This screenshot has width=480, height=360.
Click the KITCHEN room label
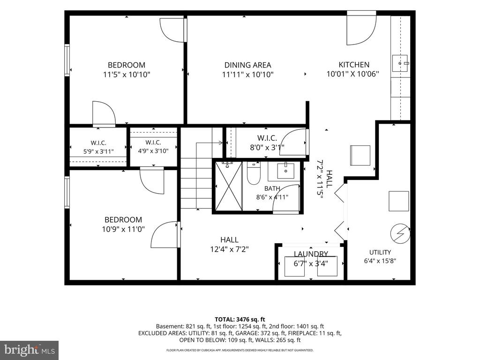click(354, 65)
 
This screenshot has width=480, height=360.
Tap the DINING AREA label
click(247, 65)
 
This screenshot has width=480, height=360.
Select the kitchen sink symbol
click(400, 63)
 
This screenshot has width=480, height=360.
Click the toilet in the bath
click(254, 173)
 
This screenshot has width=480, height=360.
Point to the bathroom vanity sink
click(285, 171)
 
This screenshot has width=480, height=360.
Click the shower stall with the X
click(229, 187)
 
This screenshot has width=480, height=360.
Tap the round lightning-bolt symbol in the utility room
click(400, 234)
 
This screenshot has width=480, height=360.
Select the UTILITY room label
click(380, 252)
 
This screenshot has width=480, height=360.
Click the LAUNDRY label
click(311, 254)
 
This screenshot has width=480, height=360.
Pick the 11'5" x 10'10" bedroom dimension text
click(127, 75)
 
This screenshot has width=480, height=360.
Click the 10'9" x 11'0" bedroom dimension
click(123, 229)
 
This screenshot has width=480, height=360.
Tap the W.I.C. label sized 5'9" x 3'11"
click(98, 143)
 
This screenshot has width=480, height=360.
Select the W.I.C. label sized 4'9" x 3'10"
click(153, 142)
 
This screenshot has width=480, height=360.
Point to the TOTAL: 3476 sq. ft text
click(240, 320)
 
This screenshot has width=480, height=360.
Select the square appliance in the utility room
click(399, 201)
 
